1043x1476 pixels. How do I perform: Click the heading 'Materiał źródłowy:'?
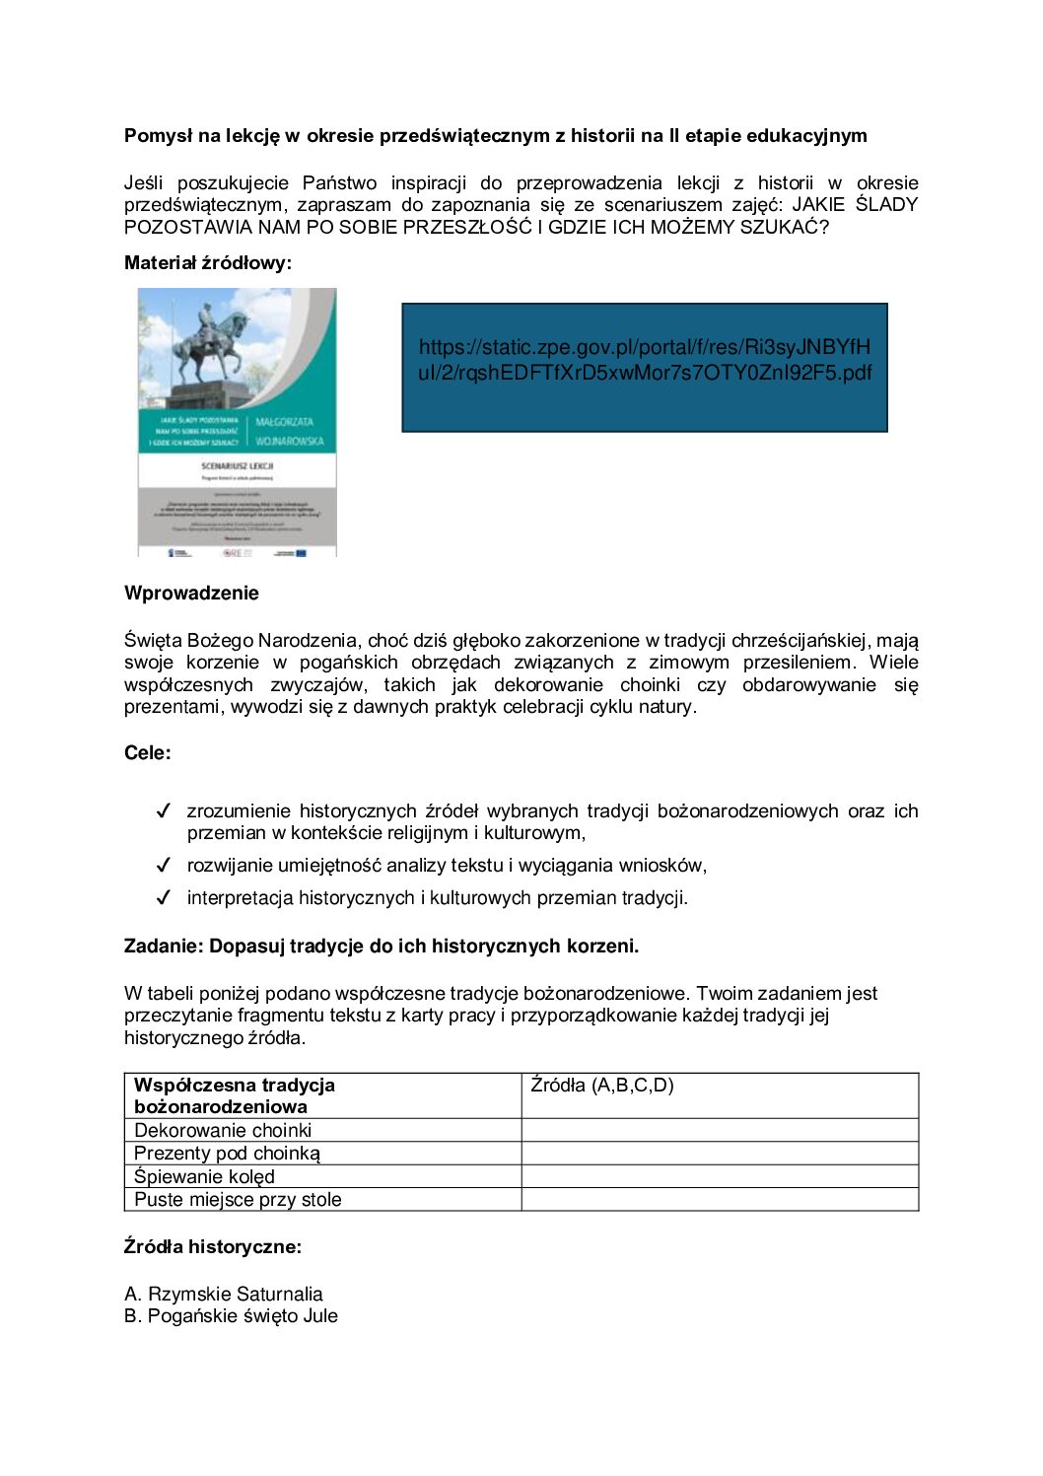coord(208,263)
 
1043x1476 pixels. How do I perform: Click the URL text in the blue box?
coord(645,360)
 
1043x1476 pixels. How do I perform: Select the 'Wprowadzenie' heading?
coord(191,594)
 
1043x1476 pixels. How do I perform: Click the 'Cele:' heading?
coord(148,753)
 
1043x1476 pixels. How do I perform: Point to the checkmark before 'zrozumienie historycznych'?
coord(164,811)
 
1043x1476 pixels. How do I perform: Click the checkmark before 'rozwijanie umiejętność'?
coord(164,866)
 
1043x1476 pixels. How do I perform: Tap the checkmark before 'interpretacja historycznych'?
coord(164,898)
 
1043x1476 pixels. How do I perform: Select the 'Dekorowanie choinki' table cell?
coord(223,1131)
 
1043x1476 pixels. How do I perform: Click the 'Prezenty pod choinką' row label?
coord(227,1154)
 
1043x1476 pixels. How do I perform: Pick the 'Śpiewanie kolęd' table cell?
coord(204,1177)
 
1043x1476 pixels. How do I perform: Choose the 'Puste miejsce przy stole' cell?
coord(238,1200)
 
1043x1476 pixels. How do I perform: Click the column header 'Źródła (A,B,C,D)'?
coord(602,1086)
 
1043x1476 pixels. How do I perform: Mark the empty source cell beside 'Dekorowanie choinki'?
coord(720,1131)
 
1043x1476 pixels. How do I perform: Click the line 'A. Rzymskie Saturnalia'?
coord(224,1295)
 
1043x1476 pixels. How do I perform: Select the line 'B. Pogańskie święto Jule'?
coord(231,1316)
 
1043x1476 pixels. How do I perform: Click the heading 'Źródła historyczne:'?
coord(213,1247)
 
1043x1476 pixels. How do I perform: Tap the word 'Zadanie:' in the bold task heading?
coord(164,947)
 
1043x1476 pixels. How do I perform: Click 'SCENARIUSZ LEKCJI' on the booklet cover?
coord(237,465)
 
